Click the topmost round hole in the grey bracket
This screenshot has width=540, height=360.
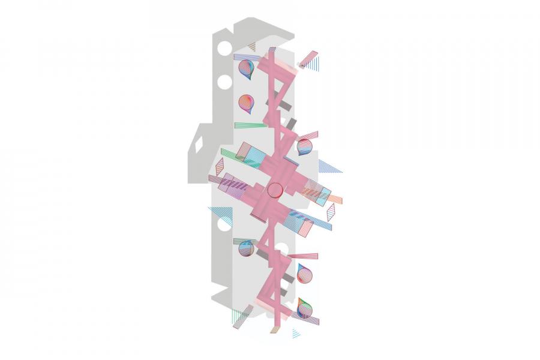coord(224,48)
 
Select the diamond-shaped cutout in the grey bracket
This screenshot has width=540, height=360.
coord(198,145)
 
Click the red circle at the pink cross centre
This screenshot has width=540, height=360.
coord(275,190)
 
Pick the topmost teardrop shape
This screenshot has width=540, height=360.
coord(245,68)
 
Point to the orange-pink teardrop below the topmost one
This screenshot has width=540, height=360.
coord(246,103)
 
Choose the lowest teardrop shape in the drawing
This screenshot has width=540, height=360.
coord(305,309)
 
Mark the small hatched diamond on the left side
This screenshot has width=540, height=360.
coord(220,167)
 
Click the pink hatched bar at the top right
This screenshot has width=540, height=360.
coord(308,59)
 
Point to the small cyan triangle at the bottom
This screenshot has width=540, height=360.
coord(295,333)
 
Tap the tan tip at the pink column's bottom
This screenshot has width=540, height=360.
coord(274,329)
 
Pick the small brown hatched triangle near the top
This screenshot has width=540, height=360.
coord(251,46)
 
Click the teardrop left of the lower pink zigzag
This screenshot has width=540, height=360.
coord(245,248)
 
